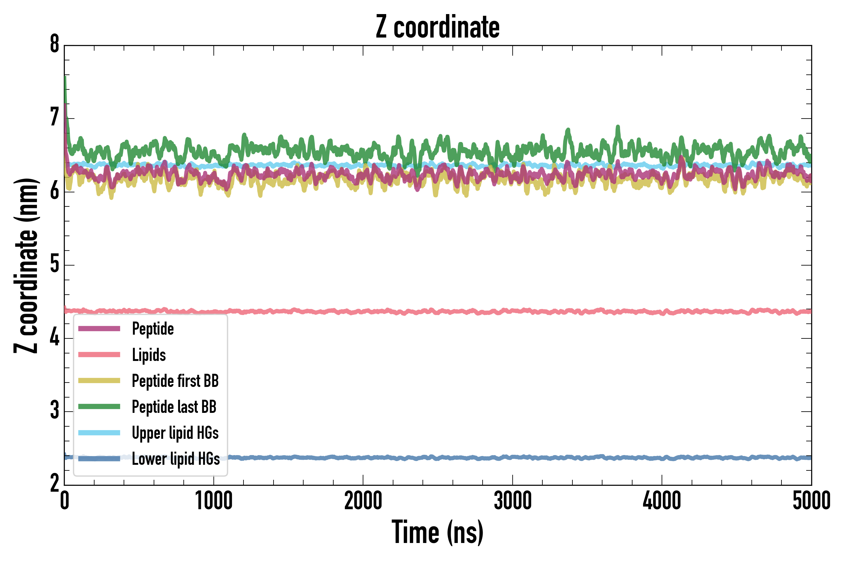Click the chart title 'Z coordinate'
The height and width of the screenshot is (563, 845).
point(437,27)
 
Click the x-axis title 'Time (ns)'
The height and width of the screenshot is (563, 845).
point(437,532)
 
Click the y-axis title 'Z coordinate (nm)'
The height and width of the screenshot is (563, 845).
point(26,266)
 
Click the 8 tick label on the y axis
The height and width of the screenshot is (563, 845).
point(54,44)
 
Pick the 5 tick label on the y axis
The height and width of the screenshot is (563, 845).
point(54,264)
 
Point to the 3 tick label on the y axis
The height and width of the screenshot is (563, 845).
point(54,411)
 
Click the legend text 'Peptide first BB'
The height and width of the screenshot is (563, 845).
point(175,381)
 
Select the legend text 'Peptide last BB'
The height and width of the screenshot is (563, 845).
point(174,407)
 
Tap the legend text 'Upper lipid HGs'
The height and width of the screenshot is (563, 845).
point(175,433)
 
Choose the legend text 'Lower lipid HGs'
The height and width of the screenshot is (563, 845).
point(176,459)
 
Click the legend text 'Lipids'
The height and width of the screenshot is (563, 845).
point(149,355)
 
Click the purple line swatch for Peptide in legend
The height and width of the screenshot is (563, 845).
point(99,328)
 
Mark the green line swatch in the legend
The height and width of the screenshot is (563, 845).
point(99,406)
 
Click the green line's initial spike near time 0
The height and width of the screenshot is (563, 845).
point(65,81)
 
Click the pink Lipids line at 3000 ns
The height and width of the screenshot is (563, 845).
point(512,311)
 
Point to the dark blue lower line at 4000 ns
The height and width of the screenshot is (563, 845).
point(662,459)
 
